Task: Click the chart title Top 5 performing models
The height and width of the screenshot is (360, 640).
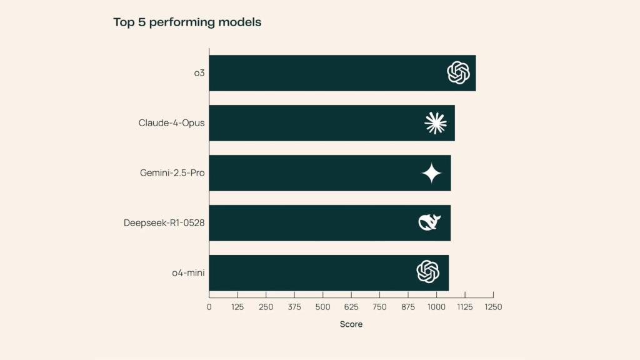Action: point(187,22)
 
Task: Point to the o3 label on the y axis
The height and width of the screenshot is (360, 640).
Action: point(199,73)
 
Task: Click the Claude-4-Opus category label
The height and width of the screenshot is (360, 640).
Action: point(171,123)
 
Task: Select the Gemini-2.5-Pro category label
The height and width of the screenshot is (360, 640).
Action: point(172,173)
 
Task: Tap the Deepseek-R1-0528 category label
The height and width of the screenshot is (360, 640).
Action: point(164,223)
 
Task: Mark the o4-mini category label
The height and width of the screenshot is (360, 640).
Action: point(188,272)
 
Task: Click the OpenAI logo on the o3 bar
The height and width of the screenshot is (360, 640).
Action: point(458,73)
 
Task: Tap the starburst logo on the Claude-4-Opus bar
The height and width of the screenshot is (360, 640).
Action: point(435,123)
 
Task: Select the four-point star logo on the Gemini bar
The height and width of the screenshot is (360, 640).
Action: point(431,173)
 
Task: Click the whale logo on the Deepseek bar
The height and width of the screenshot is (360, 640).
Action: point(429,222)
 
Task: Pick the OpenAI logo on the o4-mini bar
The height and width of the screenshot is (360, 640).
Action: point(428,272)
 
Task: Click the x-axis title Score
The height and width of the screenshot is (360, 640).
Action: point(351,324)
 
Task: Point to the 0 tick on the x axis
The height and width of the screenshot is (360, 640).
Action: point(209,307)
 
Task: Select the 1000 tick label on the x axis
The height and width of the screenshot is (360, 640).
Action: point(436,307)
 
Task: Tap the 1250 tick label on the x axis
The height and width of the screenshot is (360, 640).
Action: point(493,307)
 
